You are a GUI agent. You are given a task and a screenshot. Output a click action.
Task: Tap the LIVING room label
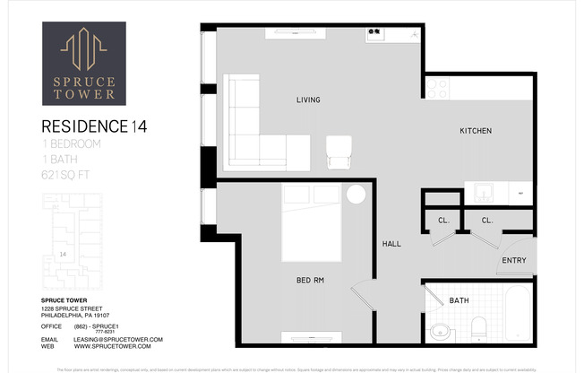308,100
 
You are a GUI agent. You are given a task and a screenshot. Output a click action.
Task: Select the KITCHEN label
476,131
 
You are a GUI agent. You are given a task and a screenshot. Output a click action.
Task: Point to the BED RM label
310,281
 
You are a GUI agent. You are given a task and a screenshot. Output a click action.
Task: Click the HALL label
391,243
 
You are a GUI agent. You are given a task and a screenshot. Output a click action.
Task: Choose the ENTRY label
514,261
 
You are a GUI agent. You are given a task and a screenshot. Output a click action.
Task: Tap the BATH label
459,300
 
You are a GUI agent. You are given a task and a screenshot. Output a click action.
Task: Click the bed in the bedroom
311,222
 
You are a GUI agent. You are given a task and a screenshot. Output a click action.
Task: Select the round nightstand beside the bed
356,195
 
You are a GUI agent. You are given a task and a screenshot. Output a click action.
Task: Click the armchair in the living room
339,152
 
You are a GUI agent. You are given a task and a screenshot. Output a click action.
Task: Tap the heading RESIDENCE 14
92,126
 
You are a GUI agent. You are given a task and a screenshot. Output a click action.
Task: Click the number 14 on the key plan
62,254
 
